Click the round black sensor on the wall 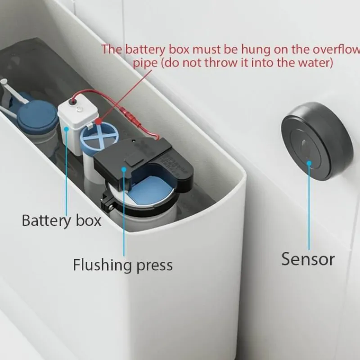tap(316, 141)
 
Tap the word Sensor tap(308, 259)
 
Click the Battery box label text tap(62, 220)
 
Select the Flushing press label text tap(122, 265)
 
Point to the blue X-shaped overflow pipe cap tap(98, 135)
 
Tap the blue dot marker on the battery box tap(67, 128)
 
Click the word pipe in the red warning tap(144, 63)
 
